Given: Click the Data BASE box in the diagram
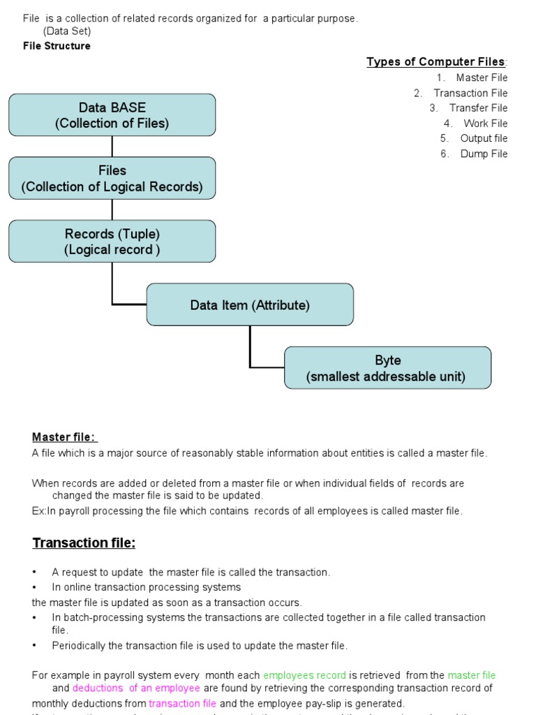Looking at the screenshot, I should (x=112, y=115).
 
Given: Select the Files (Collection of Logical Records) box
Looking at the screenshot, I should (x=112, y=178).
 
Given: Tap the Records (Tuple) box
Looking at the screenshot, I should (x=112, y=242).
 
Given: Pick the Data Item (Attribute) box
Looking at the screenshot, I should (x=250, y=304).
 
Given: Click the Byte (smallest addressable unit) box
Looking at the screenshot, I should (x=387, y=368).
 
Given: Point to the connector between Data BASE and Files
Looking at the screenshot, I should (x=112, y=147).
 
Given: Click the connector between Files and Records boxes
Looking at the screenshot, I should (x=112, y=209).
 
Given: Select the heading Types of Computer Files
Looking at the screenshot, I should (x=436, y=62).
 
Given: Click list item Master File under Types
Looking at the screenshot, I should (x=482, y=78).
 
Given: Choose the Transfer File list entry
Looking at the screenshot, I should (x=478, y=108).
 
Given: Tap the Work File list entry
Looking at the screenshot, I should (x=485, y=123).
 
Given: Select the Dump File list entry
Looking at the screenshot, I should (x=484, y=154).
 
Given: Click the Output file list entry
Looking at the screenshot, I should (x=484, y=138).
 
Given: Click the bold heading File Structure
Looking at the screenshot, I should (x=57, y=46).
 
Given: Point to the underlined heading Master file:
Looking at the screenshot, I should (x=65, y=437).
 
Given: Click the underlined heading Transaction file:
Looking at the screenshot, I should (x=84, y=543).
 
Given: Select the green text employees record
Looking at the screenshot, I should (x=304, y=675).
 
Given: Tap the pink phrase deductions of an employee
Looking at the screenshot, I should (x=136, y=688).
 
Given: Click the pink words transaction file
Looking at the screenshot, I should (x=182, y=703).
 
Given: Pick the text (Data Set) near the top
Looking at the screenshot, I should (x=67, y=31).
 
